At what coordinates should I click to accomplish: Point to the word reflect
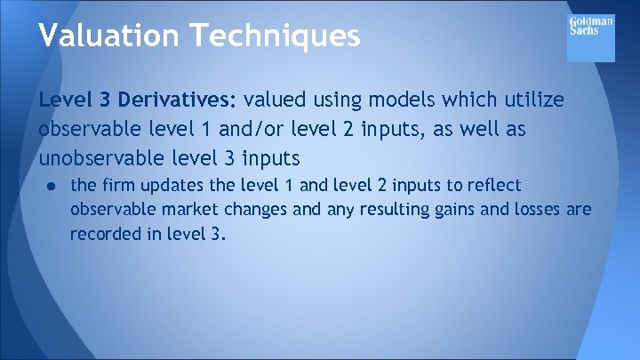(491, 186)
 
